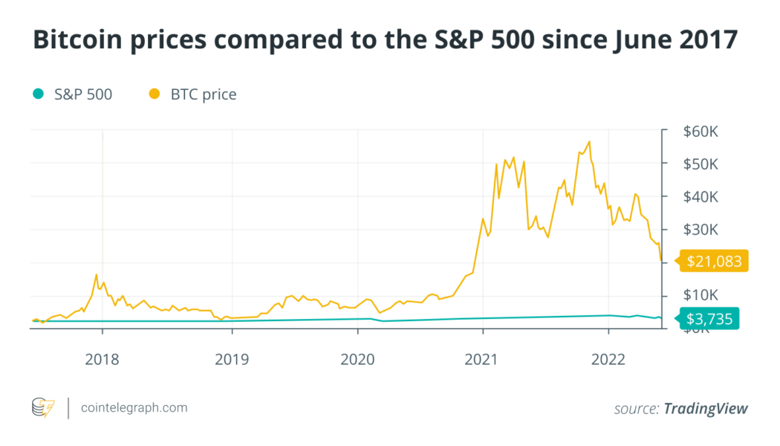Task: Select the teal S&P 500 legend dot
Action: click(x=38, y=94)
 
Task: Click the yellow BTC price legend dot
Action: click(x=155, y=94)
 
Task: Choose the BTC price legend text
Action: click(x=204, y=94)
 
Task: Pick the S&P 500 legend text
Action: click(x=83, y=94)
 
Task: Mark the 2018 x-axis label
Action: click(x=102, y=359)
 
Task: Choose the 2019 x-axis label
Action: click(x=232, y=359)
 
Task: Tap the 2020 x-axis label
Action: click(x=357, y=359)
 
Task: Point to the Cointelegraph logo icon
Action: click(x=43, y=408)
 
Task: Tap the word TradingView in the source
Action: click(x=705, y=409)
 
